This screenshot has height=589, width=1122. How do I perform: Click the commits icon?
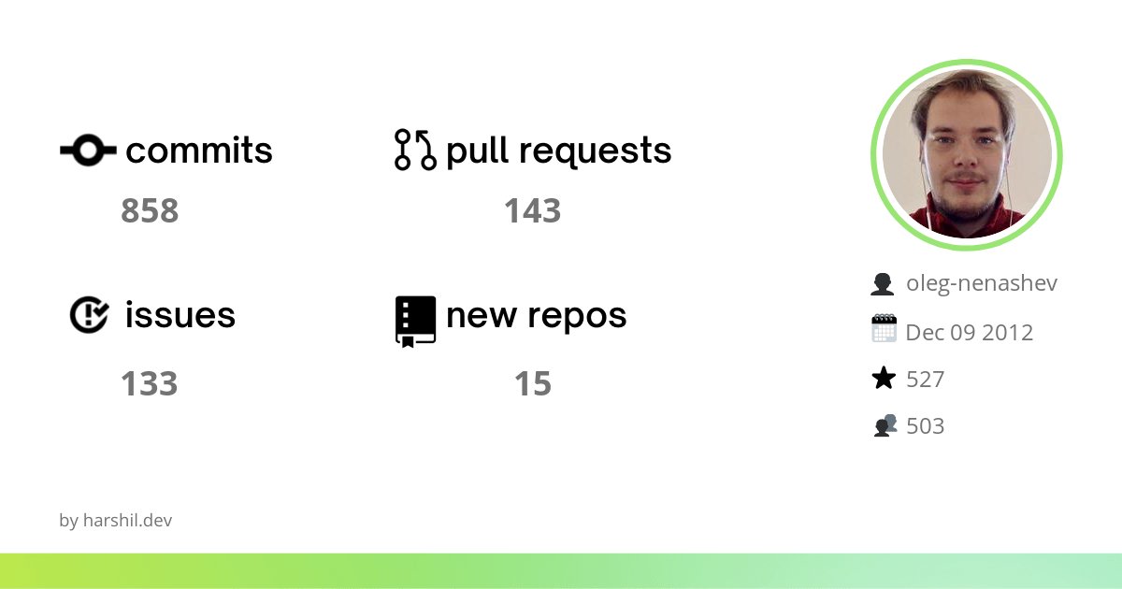[88, 151]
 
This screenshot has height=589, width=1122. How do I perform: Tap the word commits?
[199, 151]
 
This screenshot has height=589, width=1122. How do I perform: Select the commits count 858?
[150, 211]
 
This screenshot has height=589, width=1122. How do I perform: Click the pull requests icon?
[416, 150]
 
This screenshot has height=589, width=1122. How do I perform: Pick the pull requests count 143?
[532, 211]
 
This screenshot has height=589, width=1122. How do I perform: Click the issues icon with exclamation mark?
[90, 315]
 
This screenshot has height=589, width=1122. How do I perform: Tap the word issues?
[180, 315]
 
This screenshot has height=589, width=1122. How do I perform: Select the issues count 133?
[150, 384]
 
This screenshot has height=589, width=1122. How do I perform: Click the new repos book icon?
[416, 321]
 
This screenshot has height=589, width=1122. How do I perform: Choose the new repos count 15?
[532, 384]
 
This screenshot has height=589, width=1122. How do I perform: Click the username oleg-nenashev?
[982, 283]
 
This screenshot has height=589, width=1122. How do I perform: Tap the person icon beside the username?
[883, 283]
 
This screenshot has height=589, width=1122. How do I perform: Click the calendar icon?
[884, 329]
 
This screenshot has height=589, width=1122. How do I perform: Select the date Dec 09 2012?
[970, 332]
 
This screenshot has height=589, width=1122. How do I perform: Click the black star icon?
[883, 379]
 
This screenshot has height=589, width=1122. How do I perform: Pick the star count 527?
[926, 379]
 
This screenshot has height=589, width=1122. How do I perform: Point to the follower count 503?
[926, 426]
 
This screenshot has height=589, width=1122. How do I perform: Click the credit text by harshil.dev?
[116, 521]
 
